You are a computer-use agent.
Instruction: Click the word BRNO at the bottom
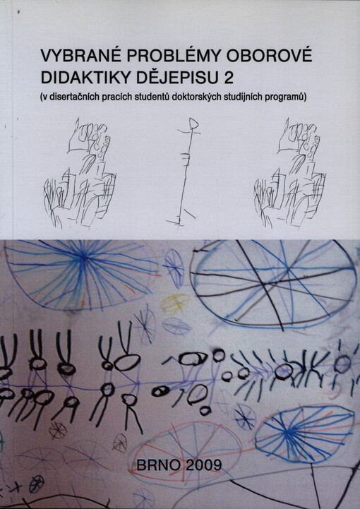coord(164,464)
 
